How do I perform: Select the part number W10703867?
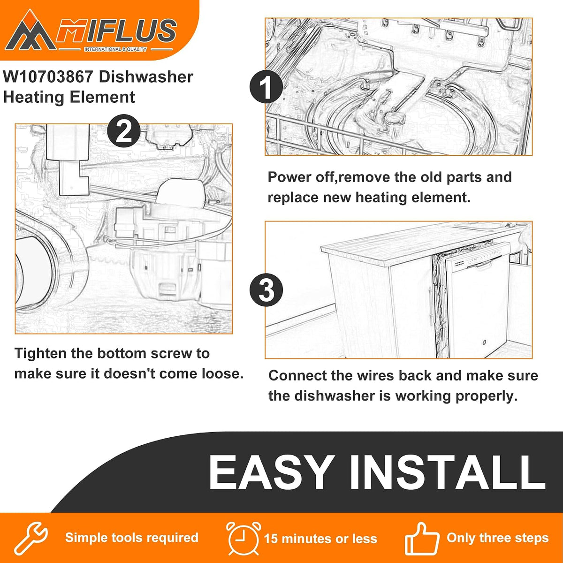coord(48,77)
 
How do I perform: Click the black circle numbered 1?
coord(266,86)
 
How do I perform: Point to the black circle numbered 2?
coord(124,131)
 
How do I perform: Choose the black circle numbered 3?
coord(266,290)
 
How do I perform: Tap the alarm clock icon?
coord(243,538)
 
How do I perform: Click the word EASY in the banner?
coord(271,473)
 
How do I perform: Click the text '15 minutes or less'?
coord(320,539)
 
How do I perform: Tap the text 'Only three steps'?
coord(498,538)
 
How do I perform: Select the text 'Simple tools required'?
coord(132,538)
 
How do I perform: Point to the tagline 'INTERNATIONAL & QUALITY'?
coord(116,49)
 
